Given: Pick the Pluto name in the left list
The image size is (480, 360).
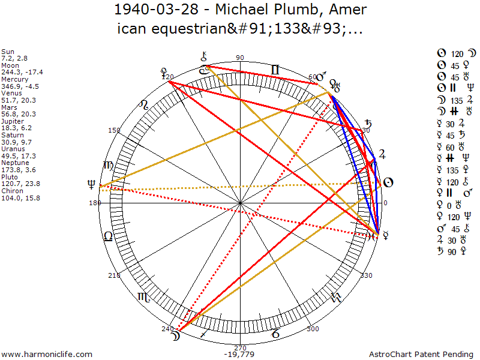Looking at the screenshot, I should tap(9, 178).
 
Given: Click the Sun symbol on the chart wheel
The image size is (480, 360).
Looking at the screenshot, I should tap(388, 182).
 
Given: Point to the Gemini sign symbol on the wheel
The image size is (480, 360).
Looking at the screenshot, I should tap(275, 70).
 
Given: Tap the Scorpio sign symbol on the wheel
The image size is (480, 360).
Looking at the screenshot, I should tap(144, 296).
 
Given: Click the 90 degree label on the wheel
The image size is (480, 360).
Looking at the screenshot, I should tap(240, 58).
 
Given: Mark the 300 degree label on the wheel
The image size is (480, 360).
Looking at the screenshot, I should tap(312, 329).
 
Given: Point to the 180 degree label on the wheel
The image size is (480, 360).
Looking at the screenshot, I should tap(95, 203).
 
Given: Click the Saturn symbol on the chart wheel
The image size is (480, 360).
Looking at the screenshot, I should tap(368, 125).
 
